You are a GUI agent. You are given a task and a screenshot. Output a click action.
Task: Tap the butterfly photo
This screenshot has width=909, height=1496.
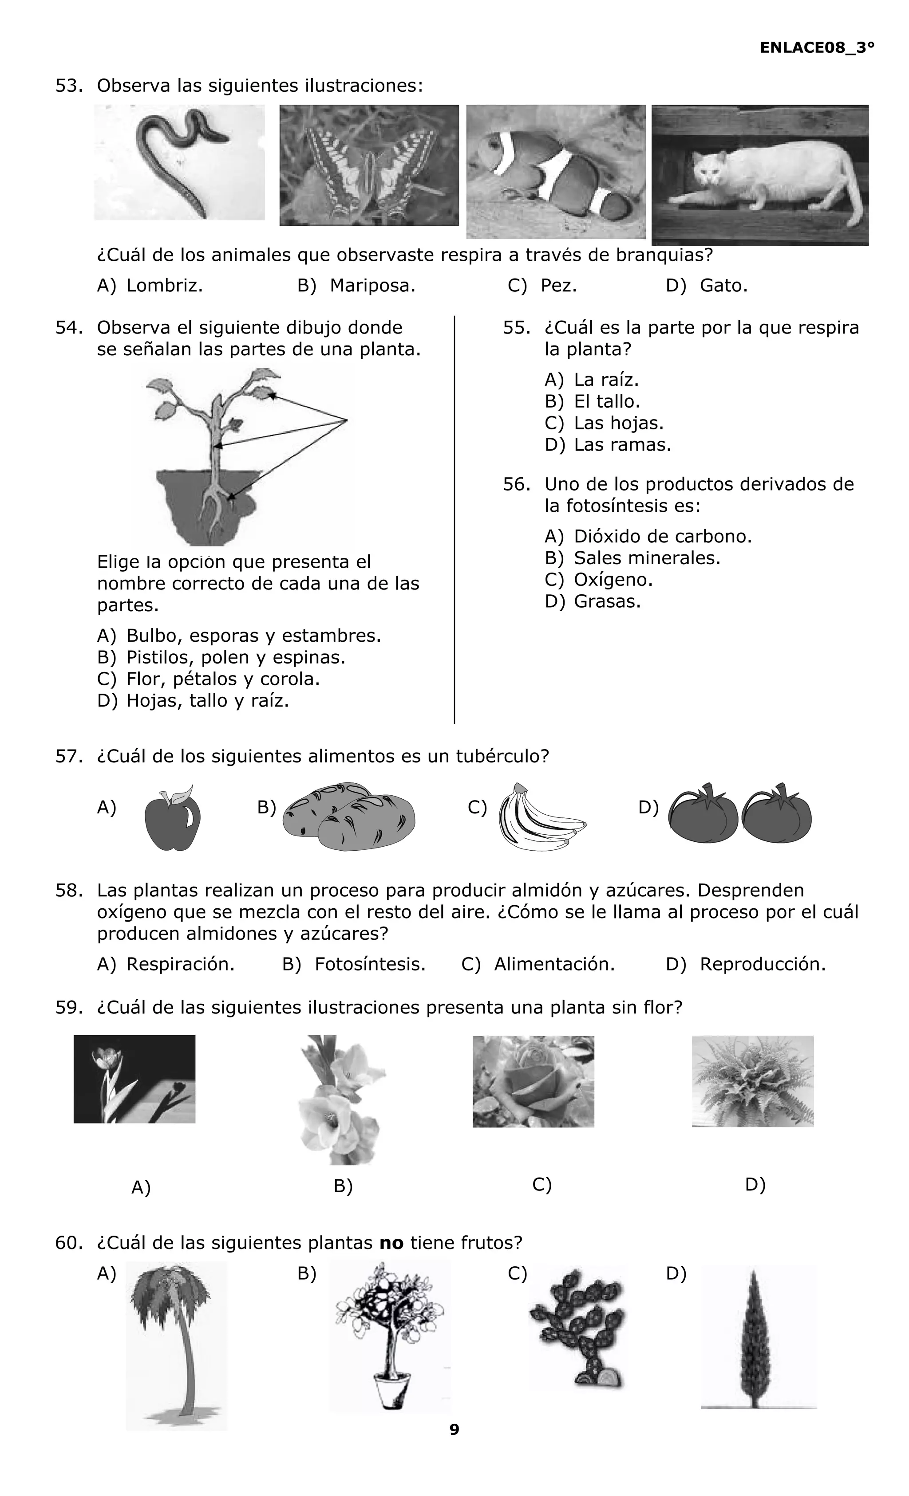pos(369,165)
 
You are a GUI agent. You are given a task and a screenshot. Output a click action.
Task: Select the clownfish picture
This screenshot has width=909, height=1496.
pos(555,172)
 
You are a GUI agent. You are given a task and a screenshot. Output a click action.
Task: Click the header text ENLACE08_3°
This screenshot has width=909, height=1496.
pos(817,48)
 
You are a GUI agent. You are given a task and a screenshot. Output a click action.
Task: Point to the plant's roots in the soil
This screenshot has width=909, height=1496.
pos(214,510)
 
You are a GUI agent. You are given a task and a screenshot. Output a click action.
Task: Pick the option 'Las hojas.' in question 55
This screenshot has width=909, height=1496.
pos(618,423)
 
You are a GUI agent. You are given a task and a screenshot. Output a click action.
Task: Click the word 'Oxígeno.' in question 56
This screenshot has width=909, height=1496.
pos(613,580)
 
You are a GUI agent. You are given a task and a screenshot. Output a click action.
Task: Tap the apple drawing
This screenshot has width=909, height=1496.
pos(173,818)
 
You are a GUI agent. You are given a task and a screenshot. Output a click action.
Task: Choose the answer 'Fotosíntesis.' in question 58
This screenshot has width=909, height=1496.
pos(369,964)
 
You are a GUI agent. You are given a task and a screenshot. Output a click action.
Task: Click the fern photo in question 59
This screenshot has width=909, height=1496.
pos(752,1081)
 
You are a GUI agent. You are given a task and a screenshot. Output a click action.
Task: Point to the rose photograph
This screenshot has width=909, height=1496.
pos(533,1081)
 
